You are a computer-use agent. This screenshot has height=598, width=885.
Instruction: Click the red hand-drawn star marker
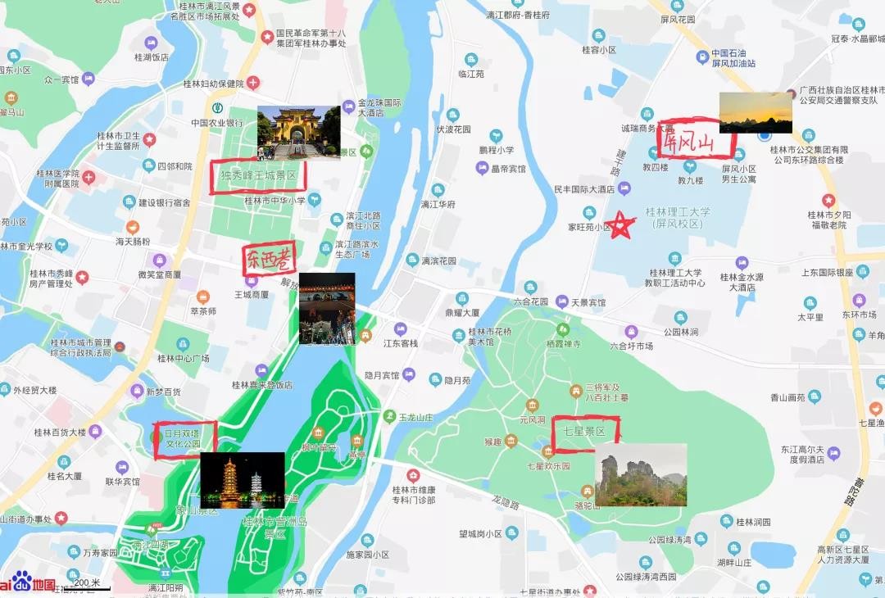tap(622, 224)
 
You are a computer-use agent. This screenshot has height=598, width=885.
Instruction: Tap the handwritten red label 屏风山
tap(696, 143)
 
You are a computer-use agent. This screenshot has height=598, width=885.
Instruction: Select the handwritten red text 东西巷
tap(268, 260)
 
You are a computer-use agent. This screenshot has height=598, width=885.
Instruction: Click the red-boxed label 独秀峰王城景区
tap(257, 175)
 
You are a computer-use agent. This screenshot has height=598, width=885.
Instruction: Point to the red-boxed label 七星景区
tap(585, 433)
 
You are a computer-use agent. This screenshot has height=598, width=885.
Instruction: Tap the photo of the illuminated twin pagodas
tap(243, 480)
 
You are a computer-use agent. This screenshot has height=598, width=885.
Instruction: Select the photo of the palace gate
tap(298, 132)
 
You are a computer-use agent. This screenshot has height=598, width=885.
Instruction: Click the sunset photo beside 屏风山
tap(756, 112)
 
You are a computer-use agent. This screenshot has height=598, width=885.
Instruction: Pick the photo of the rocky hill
tap(641, 474)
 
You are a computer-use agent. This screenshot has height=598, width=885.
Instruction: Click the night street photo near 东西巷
tap(327, 308)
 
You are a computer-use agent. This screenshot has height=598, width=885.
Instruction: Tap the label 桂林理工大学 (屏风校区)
tap(678, 217)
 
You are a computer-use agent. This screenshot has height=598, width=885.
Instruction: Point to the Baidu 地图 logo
tap(29, 585)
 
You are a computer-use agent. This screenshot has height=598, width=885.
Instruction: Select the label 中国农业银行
tap(217, 123)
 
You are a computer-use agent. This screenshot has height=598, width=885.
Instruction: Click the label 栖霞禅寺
tap(562, 345)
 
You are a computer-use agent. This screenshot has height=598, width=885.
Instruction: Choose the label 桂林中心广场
tap(183, 359)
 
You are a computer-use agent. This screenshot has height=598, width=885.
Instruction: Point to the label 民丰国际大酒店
tap(584, 189)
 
